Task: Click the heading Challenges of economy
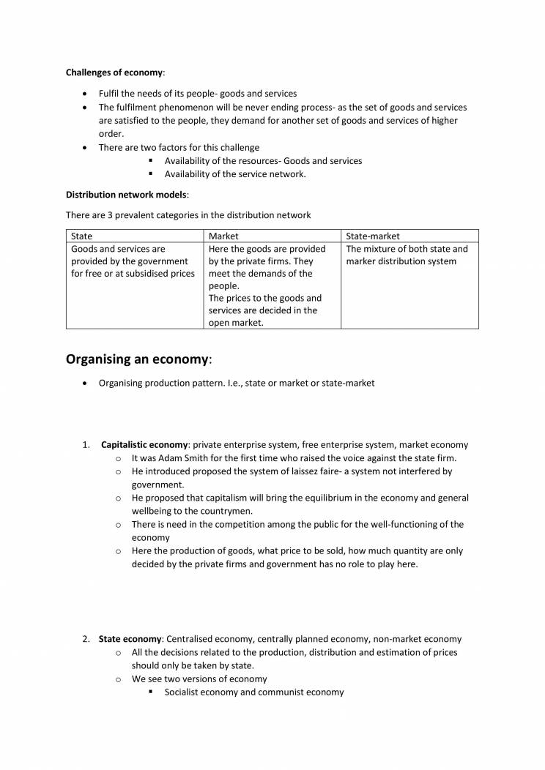(114, 72)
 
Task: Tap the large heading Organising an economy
(137, 359)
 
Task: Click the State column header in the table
(81, 236)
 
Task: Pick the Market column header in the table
(223, 236)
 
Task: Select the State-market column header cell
(373, 236)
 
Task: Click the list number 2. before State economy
(86, 639)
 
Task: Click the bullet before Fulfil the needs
(86, 94)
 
